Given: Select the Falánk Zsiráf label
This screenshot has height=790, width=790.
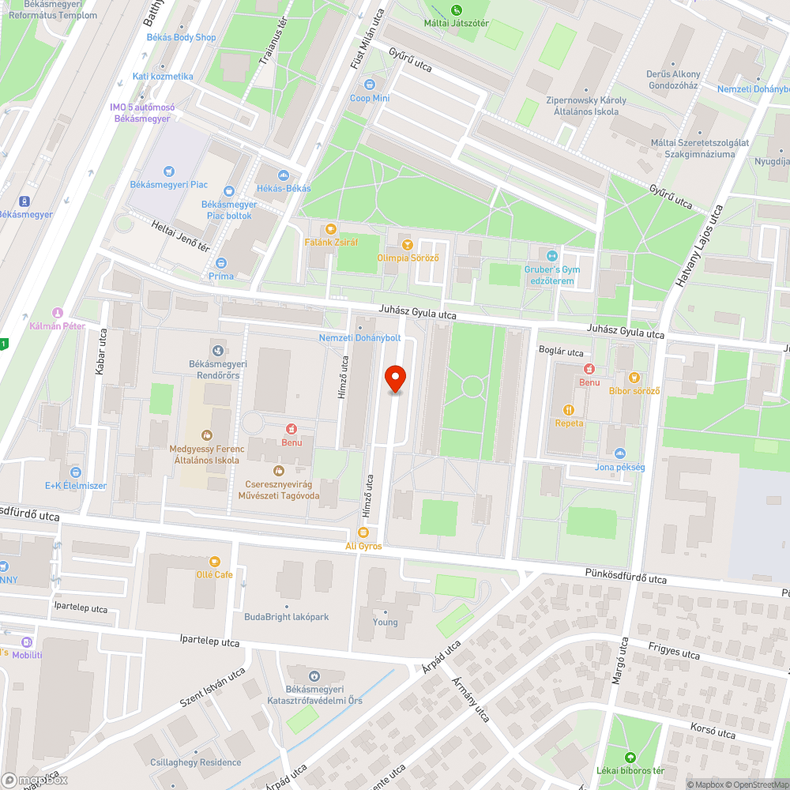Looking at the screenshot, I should point(330,242).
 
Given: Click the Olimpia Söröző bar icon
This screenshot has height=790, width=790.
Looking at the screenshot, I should point(408,245).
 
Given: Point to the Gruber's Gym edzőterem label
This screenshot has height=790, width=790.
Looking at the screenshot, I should point(551,275).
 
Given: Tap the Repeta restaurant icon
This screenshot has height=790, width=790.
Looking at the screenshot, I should point(569,410).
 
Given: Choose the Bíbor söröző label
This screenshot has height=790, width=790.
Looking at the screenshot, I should point(634,390).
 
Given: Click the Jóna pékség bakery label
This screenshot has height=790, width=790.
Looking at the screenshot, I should point(620,467).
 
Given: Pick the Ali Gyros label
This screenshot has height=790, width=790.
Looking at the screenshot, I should point(363,546).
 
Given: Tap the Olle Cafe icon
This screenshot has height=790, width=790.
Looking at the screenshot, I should point(214,561).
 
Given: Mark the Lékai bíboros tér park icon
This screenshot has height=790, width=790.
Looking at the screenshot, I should point(630,757).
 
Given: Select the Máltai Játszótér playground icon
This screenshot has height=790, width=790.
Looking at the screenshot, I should point(457,10).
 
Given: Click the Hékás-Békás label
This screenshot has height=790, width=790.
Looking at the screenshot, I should point(284,188).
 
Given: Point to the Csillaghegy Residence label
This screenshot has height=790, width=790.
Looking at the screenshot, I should point(196,762).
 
